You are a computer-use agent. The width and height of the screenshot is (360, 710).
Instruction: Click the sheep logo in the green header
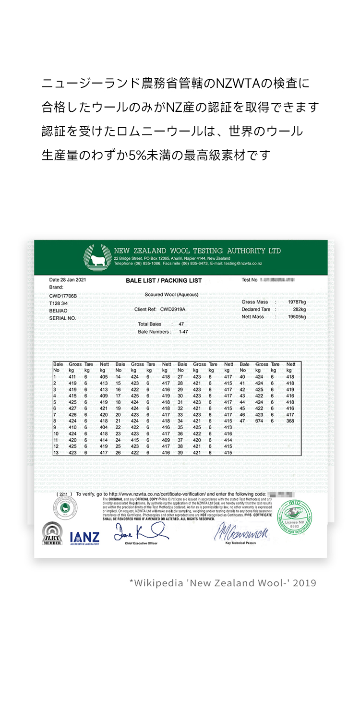(97, 257)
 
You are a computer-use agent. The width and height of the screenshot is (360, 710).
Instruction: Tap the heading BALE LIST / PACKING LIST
(164, 280)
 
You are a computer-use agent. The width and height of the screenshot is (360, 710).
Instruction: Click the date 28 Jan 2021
(68, 279)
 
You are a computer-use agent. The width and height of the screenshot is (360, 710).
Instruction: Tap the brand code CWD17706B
(63, 296)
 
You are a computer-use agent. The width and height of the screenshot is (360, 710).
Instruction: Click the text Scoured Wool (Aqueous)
(171, 294)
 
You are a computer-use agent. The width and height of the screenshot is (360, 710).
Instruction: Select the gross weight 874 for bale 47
(259, 421)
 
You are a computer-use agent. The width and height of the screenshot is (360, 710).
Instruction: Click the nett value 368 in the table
(290, 421)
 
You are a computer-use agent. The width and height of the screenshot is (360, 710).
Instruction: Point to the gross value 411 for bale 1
(72, 377)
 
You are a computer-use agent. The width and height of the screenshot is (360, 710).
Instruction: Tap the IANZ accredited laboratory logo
(84, 538)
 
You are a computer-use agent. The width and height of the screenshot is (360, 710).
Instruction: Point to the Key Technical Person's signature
(240, 532)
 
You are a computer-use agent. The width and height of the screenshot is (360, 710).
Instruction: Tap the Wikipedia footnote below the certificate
(223, 583)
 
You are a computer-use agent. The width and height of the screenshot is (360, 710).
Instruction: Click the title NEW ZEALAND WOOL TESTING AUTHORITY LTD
(197, 251)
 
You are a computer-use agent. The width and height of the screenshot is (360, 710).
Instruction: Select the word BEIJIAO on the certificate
(59, 311)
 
